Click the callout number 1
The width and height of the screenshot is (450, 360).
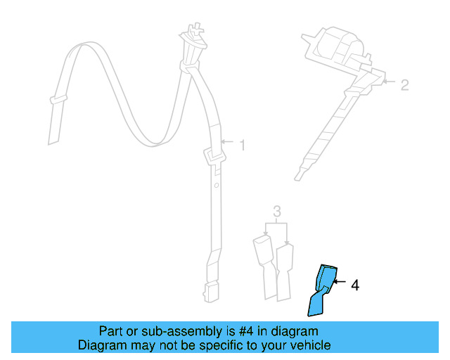click(242, 146)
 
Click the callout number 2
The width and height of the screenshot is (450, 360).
click(404, 85)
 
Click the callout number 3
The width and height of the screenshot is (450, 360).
click(277, 211)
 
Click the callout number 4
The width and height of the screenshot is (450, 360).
click(355, 285)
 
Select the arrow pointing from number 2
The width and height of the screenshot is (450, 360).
click(388, 84)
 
